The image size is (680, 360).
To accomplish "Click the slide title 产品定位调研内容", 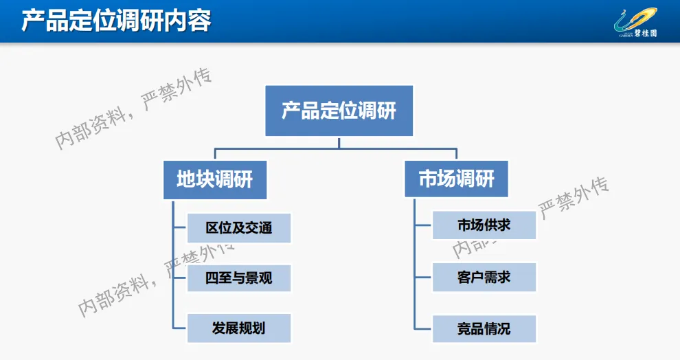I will coord(115,21).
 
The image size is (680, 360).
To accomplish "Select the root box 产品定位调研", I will coord(339,111).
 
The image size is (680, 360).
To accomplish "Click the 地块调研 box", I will coord(214,179).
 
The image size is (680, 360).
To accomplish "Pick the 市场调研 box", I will coord(456,179).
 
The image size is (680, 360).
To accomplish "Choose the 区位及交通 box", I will coord(238,228).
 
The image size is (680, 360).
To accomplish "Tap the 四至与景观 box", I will coord(238,278).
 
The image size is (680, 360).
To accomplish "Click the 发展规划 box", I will coord(238,328).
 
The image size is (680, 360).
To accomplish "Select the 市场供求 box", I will coord(484,225).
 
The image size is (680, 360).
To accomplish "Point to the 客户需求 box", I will coord(484,278).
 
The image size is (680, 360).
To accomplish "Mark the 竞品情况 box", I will coord(484,328).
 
